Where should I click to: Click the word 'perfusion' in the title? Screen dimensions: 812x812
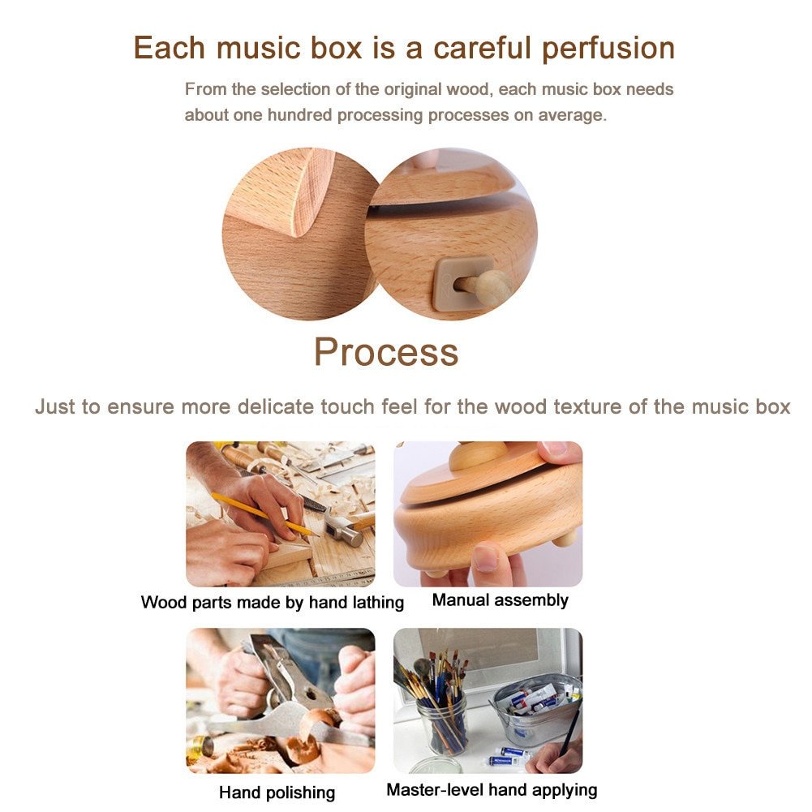point(608,49)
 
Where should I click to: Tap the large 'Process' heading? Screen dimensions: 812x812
point(386,352)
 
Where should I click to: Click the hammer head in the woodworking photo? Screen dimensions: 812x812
point(345,533)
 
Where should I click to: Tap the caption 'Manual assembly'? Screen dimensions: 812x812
point(501,600)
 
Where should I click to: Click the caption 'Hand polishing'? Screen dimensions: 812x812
point(277,793)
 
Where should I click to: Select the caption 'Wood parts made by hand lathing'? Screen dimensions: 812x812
point(273,602)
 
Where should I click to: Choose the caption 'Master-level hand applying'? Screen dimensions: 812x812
point(492,790)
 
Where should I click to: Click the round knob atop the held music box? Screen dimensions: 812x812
point(477,455)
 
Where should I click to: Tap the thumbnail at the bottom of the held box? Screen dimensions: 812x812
point(486,559)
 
